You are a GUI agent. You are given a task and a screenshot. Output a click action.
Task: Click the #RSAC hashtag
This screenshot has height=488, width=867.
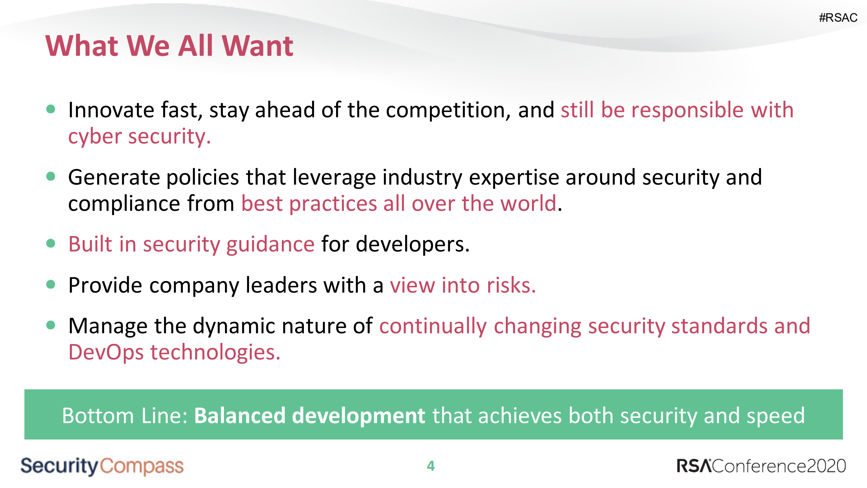tap(838, 18)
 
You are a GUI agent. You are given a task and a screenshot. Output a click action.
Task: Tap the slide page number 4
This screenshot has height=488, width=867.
tap(431, 466)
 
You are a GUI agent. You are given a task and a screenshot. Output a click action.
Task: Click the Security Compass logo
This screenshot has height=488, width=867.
tap(102, 466)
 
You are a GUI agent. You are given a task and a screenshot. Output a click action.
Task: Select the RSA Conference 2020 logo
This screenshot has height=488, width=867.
tap(761, 466)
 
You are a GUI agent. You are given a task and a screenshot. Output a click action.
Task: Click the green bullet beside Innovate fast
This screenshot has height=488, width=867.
tap(51, 109)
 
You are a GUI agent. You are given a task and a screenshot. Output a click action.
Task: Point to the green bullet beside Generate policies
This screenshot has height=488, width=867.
tap(51, 176)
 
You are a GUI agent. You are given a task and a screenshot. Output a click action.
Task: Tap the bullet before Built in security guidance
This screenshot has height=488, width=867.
tap(51, 243)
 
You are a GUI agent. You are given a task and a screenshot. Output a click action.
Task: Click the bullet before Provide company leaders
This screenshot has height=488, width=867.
tap(51, 284)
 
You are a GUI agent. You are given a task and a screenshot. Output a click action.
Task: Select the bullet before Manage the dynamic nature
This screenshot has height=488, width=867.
tap(51, 325)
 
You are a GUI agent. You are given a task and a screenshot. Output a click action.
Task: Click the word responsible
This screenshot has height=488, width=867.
tap(688, 111)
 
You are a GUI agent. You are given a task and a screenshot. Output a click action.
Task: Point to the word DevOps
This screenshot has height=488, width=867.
tap(106, 352)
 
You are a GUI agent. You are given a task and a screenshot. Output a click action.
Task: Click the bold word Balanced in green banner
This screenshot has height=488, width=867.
tap(240, 416)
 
